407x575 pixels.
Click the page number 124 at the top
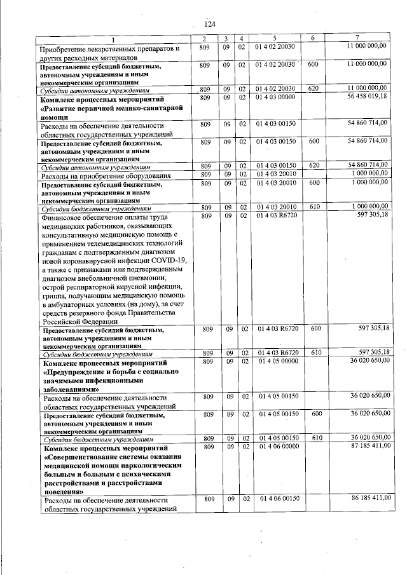pos(210,24)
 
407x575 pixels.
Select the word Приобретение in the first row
pos(66,48)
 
